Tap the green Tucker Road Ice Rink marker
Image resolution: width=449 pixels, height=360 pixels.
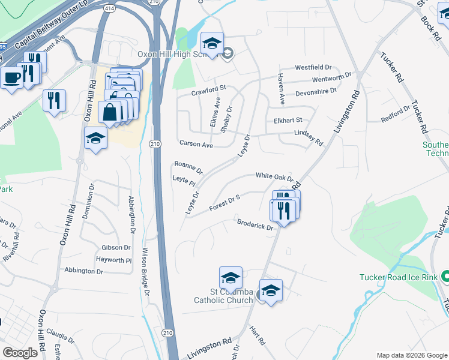[x=445, y=277]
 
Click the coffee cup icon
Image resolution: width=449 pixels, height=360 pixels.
[x=11, y=77]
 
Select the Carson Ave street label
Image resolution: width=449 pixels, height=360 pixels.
[x=196, y=145]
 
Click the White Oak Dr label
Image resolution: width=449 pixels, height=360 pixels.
[x=274, y=176]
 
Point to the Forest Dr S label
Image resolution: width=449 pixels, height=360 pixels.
[x=224, y=203]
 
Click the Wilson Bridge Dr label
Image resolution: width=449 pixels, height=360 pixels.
[x=146, y=271]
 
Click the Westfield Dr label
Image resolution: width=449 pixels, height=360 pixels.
[x=313, y=67]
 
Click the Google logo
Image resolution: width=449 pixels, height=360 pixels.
[x=20, y=353]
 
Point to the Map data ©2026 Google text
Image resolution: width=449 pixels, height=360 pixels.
[x=411, y=355]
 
